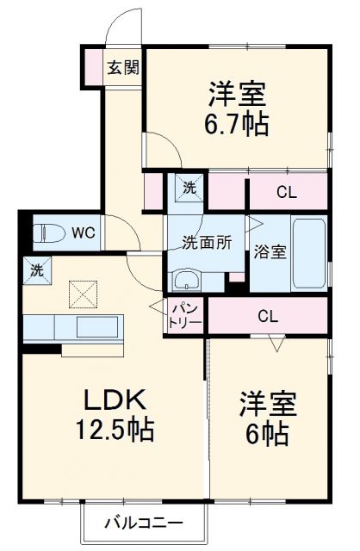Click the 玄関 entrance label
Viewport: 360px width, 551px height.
click(123, 67)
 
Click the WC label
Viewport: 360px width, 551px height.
click(84, 232)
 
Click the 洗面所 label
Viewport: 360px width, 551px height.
click(207, 243)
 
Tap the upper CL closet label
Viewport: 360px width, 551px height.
click(287, 192)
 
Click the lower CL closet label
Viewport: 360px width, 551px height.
click(269, 316)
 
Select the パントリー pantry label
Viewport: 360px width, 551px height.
click(185, 316)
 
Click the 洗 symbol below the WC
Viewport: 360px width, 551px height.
click(36, 269)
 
